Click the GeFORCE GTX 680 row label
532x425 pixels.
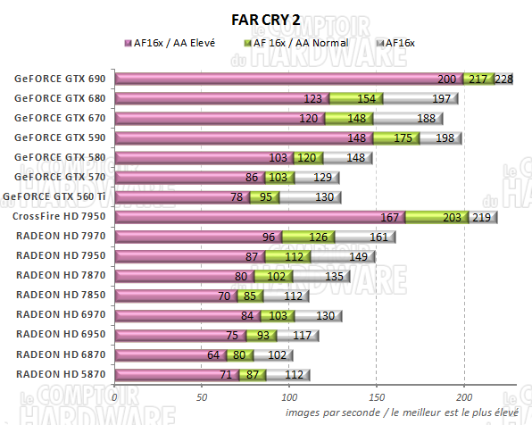pyautogui.click(x=60, y=98)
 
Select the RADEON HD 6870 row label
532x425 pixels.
pyautogui.click(x=59, y=354)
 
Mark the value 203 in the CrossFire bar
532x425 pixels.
pyautogui.click(x=452, y=217)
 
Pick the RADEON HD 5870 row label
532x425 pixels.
pyautogui.click(x=59, y=374)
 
